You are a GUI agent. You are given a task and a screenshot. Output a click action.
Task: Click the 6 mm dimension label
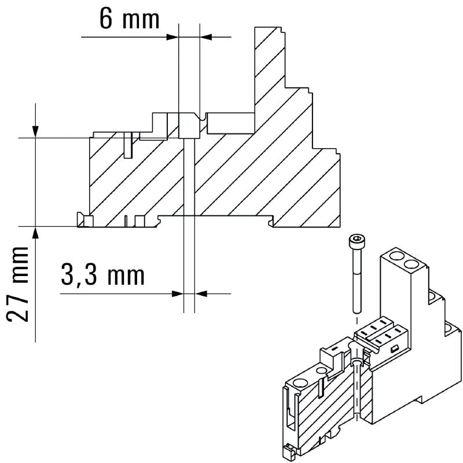129,19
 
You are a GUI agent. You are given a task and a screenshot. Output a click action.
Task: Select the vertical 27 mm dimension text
21,284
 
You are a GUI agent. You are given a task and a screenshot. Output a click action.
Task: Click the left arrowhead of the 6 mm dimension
172,36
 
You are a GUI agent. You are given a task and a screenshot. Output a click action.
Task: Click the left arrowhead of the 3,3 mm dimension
177,293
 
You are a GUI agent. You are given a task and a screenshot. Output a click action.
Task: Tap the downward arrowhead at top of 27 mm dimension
36,132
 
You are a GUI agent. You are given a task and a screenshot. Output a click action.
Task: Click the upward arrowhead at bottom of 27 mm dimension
36,232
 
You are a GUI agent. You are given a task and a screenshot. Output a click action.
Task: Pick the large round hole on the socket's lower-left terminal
300,383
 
